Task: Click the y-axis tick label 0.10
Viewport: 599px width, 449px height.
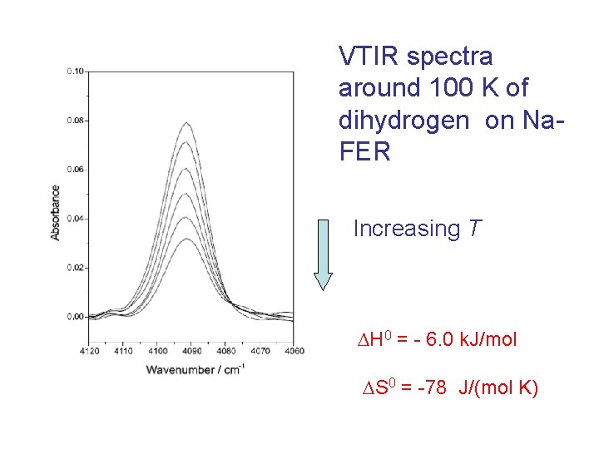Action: click(x=75, y=72)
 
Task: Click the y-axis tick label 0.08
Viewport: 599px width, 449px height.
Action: click(x=75, y=121)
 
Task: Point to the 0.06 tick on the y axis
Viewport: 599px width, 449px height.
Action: click(x=75, y=170)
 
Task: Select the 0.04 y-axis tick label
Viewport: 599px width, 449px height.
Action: click(x=75, y=219)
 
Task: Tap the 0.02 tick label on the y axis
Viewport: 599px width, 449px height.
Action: click(x=75, y=268)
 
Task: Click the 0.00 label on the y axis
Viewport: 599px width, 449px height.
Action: click(x=75, y=317)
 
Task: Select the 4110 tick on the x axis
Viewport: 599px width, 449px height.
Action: click(x=123, y=351)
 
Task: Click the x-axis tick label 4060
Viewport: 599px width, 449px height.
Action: click(x=294, y=351)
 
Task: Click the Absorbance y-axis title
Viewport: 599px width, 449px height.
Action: click(x=56, y=213)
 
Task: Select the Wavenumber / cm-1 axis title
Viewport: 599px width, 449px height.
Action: click(x=195, y=369)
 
